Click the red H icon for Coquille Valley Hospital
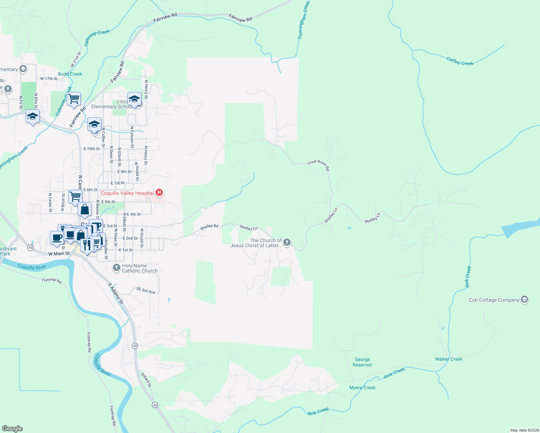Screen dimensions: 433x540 (x=159, y=193)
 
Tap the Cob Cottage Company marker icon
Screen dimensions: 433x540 (x=524, y=299)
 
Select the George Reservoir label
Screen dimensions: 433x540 (x=362, y=362)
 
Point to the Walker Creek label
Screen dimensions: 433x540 (x=449, y=359)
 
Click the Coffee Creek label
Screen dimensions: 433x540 (x=460, y=61)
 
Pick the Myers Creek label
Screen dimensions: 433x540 (x=362, y=388)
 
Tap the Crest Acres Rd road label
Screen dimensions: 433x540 (x=318, y=165)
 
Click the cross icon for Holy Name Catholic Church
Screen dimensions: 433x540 (x=116, y=268)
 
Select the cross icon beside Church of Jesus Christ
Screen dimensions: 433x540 (x=287, y=242)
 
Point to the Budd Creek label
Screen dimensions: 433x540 (x=70, y=74)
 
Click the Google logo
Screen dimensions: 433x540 (x=12, y=429)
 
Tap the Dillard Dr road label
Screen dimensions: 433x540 (x=146, y=380)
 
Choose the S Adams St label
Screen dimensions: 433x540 (x=116, y=293)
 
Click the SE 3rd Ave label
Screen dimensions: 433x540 (x=146, y=290)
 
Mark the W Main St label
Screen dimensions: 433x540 (x=59, y=254)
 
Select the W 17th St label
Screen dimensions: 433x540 (x=49, y=79)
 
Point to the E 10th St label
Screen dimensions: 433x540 (x=92, y=149)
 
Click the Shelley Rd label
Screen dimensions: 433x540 (x=209, y=227)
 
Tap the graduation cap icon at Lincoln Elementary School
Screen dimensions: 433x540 (x=134, y=99)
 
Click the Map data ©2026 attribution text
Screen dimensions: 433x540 (x=524, y=430)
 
